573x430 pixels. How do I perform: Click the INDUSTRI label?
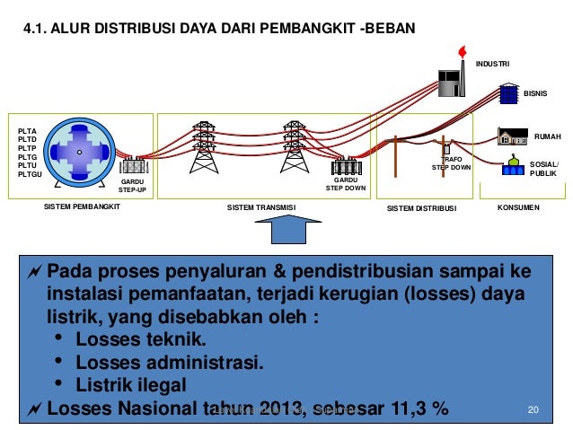492,64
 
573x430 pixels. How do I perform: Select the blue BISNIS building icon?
509,93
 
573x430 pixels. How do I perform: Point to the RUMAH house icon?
512,136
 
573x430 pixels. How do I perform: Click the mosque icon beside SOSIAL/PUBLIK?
513,167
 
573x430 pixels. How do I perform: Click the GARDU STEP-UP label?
133,186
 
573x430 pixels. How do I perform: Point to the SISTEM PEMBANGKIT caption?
82,207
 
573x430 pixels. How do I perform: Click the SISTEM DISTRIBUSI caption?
421,208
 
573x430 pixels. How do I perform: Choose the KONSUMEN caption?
518,207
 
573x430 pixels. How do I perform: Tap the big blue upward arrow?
290,238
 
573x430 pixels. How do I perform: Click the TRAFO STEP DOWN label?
451,162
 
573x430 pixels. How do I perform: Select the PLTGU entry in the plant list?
30,174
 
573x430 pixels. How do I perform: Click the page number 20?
533,410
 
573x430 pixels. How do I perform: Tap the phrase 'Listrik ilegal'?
131,386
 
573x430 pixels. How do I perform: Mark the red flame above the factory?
463,51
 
